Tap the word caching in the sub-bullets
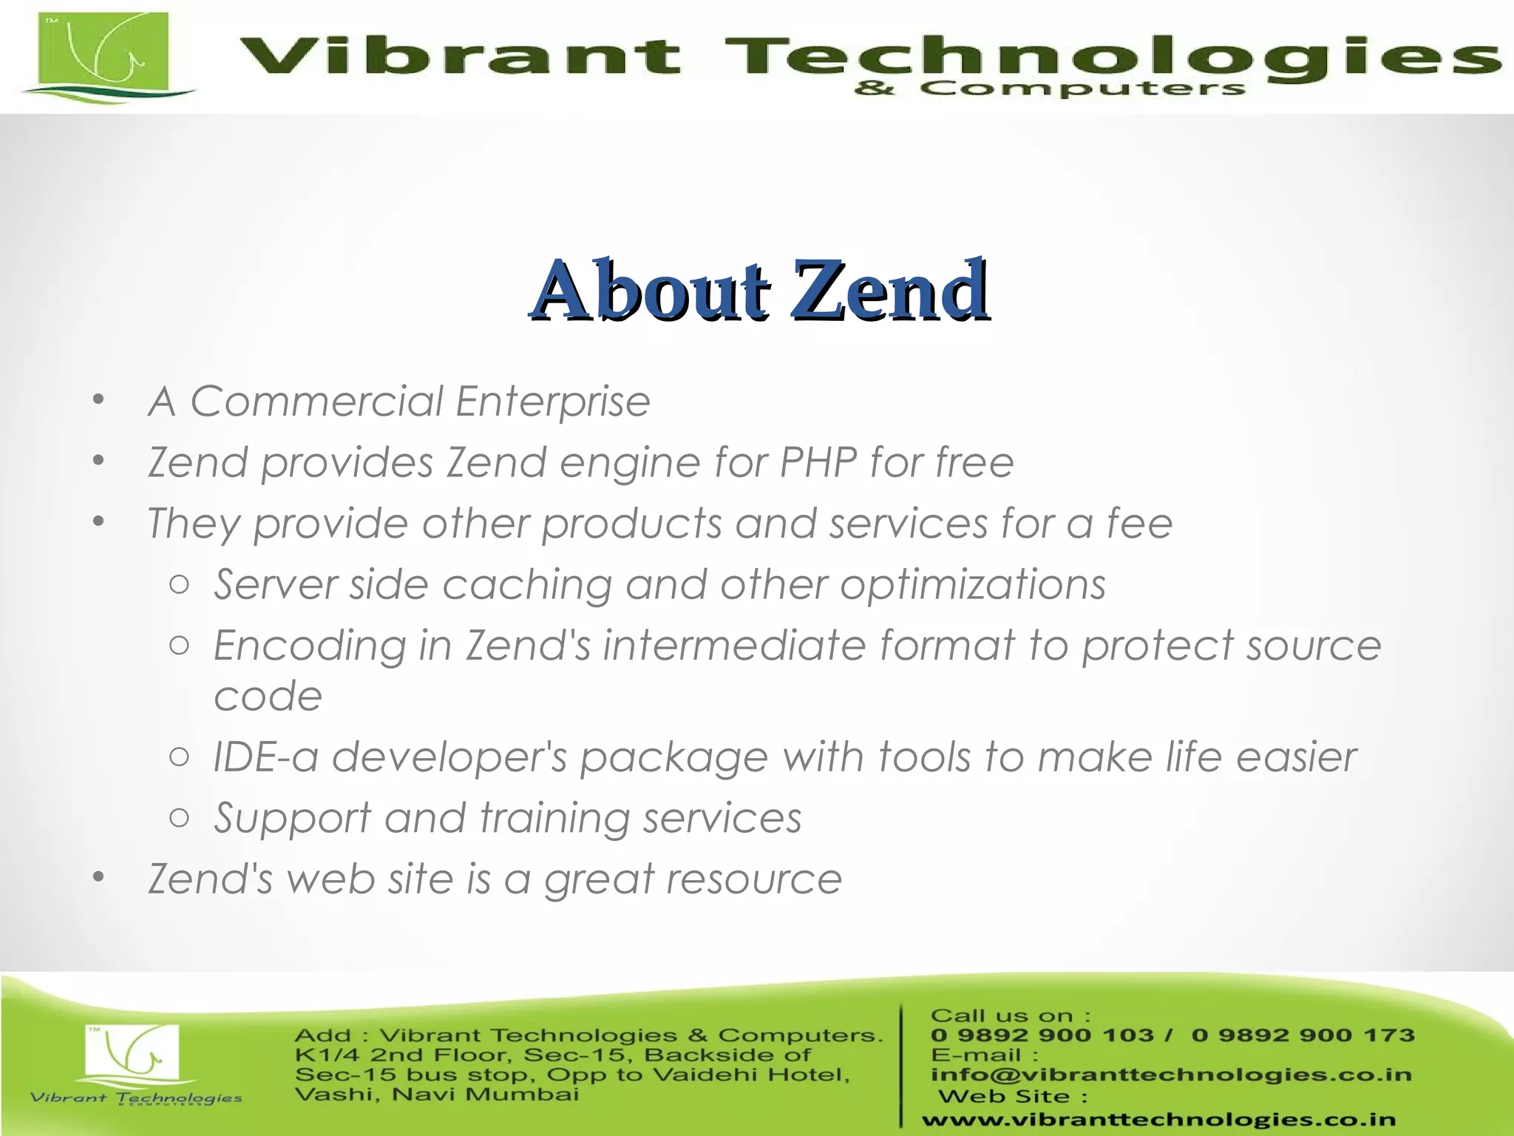pyautogui.click(x=527, y=585)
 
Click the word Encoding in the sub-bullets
pyautogui.click(x=310, y=646)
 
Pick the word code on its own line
pyautogui.click(x=268, y=697)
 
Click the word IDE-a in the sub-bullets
pyautogui.click(x=265, y=757)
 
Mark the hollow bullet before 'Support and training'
pyautogui.click(x=179, y=818)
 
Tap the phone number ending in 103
pyautogui.click(x=1042, y=1035)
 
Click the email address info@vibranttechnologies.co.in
pyautogui.click(x=1171, y=1075)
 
